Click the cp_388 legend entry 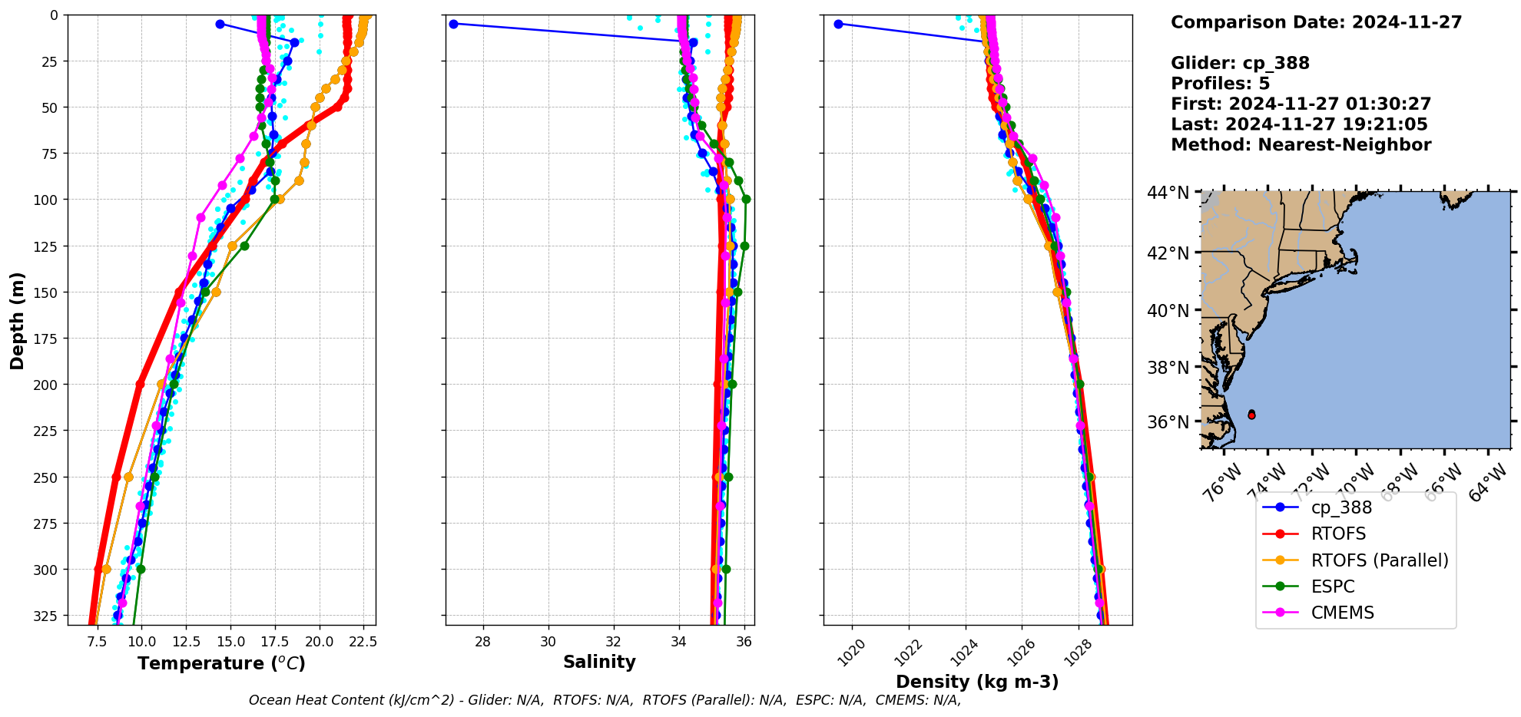click(x=1340, y=507)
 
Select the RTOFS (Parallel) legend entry click(x=1379, y=560)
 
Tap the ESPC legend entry click(x=1332, y=586)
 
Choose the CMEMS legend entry click(x=1342, y=613)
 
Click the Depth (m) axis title click(x=17, y=320)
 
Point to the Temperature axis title click(x=221, y=663)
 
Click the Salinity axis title click(x=599, y=662)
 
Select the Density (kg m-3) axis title click(x=977, y=682)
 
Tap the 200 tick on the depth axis click(x=48, y=385)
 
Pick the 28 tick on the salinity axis click(x=482, y=642)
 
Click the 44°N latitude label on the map click(x=1168, y=193)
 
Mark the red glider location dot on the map click(x=1251, y=415)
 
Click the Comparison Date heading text click(x=1316, y=22)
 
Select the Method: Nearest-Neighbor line click(x=1301, y=145)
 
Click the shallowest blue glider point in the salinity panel click(x=453, y=24)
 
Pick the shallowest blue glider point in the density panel click(x=838, y=24)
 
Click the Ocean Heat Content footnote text click(x=605, y=700)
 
